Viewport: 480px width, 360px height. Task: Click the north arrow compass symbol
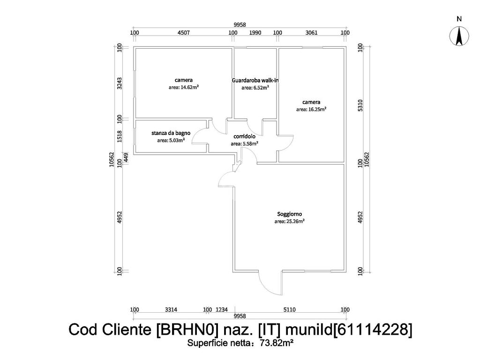pos(459,36)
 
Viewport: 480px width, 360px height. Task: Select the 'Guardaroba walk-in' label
pos(255,80)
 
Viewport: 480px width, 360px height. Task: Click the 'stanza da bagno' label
pos(171,133)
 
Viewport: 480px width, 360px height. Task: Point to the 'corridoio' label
pos(244,137)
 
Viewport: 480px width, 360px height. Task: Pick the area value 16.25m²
pos(311,109)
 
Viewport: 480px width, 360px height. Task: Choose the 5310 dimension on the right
pos(360,105)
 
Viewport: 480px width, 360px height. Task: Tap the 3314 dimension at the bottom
pos(171,310)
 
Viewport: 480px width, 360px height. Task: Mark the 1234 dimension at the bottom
pos(221,310)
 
